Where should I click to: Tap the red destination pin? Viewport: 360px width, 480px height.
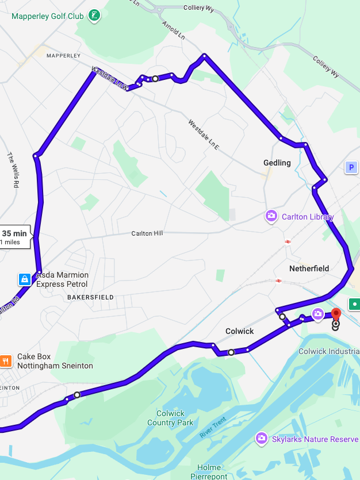(x=336, y=314)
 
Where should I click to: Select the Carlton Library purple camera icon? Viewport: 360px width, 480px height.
(x=271, y=217)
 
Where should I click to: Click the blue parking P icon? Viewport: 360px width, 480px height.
(x=351, y=167)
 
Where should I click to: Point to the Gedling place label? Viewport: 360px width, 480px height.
(x=277, y=163)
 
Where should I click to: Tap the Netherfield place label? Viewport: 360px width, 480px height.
(x=309, y=268)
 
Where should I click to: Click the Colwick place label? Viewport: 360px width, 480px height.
(x=239, y=331)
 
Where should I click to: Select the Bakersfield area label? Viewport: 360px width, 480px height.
(x=90, y=297)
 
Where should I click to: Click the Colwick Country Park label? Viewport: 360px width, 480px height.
(x=174, y=418)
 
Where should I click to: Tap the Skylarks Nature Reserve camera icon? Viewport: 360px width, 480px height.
(x=262, y=439)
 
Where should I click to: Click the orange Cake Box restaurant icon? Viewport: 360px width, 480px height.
(x=6, y=361)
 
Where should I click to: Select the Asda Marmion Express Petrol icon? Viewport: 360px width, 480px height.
(x=24, y=279)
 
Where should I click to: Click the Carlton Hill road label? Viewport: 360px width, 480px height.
(x=147, y=233)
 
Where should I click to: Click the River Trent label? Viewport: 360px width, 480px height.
(x=213, y=429)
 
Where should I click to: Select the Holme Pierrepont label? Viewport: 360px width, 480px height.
(x=209, y=472)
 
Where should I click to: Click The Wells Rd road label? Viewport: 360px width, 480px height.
(x=14, y=170)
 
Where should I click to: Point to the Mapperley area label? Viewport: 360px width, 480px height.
(x=63, y=56)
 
